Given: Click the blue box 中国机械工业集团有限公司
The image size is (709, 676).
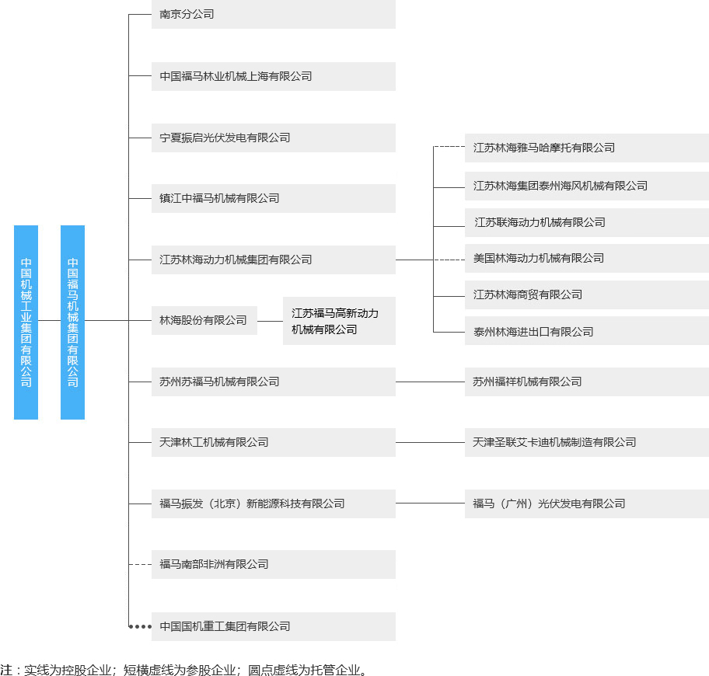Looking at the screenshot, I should click(x=26, y=322).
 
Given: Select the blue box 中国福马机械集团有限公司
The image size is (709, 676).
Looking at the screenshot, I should click(x=72, y=322).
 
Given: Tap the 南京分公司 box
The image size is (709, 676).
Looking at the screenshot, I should click(x=273, y=14).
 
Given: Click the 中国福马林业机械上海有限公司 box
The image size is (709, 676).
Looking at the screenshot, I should click(x=273, y=76).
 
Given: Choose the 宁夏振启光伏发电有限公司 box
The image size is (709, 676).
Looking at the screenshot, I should click(x=273, y=138).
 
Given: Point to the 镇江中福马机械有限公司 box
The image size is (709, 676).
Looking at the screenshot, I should click(x=273, y=198).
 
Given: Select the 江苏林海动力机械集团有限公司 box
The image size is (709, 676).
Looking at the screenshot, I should click(x=273, y=260).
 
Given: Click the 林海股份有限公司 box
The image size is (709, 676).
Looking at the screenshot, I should click(x=204, y=320).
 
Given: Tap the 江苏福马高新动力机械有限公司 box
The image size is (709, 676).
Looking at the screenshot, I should click(x=339, y=321).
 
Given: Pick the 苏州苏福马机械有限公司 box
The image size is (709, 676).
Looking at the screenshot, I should click(x=273, y=382).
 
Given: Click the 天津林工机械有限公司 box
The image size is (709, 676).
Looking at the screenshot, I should click(x=273, y=442).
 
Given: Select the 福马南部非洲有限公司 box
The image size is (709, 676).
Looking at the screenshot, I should click(x=273, y=564).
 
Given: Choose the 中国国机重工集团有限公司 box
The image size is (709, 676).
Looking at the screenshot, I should click(x=273, y=626).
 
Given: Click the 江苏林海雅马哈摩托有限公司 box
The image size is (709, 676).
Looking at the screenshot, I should click(x=586, y=148).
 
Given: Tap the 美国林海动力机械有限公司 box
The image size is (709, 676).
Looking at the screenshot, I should click(x=586, y=258).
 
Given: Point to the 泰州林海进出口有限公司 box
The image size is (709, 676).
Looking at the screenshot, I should click(x=586, y=332).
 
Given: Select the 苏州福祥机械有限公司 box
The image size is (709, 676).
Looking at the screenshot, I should click(x=586, y=382).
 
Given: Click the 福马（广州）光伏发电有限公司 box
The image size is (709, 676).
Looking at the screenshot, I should click(x=586, y=504).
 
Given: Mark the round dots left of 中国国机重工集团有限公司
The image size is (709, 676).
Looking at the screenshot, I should click(x=140, y=626).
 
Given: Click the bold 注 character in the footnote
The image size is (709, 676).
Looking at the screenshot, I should click(x=6, y=669).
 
